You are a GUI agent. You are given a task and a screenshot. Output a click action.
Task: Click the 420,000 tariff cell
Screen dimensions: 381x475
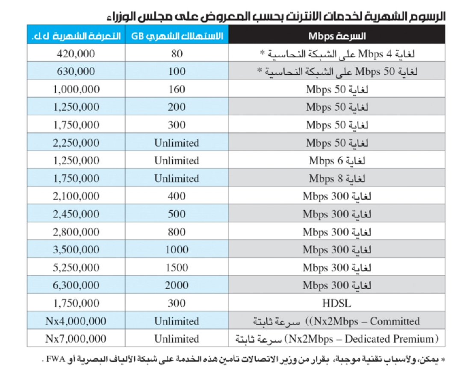76,54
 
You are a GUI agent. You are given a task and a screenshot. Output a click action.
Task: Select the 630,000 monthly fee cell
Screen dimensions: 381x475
76,72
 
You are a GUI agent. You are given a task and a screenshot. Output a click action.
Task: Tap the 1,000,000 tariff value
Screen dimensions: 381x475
76,90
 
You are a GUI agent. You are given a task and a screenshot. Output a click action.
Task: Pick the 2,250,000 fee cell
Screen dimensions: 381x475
76,143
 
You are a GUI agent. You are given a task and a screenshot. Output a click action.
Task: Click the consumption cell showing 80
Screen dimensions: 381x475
177,54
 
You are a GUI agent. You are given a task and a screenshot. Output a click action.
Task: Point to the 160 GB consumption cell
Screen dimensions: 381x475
177,90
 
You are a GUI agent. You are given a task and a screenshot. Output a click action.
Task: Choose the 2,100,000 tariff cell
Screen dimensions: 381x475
76,196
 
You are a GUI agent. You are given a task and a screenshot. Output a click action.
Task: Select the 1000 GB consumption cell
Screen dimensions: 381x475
177,250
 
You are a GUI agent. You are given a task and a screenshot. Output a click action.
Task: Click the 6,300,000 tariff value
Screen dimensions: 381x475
76,285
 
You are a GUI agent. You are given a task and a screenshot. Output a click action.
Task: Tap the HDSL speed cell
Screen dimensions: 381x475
336,303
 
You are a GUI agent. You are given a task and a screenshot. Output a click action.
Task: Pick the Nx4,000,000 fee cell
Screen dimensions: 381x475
76,321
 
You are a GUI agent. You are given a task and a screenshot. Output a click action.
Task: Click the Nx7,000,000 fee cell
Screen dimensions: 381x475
76,339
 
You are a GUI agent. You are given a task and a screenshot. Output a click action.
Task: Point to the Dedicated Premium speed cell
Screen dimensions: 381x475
336,339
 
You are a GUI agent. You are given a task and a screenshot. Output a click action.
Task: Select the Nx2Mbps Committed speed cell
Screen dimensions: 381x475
336,321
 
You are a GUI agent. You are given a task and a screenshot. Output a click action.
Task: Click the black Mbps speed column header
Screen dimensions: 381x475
336,35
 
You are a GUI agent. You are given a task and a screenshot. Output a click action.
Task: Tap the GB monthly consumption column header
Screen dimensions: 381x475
177,35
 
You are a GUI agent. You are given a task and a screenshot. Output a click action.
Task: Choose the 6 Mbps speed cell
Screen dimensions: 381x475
336,161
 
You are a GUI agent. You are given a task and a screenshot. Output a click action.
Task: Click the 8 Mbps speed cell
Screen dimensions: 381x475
336,178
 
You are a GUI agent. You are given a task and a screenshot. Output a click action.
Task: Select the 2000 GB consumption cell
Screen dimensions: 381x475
177,285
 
